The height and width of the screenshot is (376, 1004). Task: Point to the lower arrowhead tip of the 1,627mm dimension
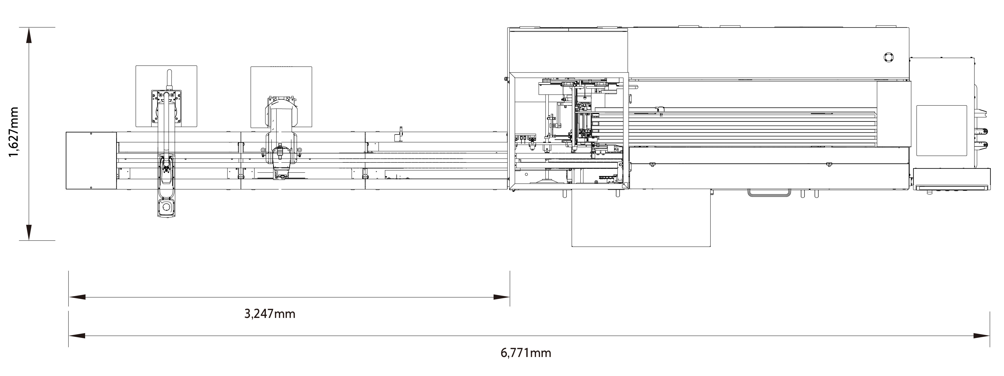[x=28, y=240]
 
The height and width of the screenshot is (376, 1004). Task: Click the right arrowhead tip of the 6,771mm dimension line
[x=989, y=336]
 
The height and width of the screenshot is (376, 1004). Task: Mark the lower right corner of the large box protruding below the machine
[x=710, y=246]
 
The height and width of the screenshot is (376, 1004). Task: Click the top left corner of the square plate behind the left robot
[x=136, y=66]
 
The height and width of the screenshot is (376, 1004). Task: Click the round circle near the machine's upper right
[x=889, y=57]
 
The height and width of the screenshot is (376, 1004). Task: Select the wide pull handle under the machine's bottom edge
[x=769, y=192]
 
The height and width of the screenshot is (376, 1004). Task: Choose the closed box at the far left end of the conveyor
[x=91, y=161]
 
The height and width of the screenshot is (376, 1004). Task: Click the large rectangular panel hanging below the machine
[x=641, y=218]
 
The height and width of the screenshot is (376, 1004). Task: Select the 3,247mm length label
[x=270, y=314]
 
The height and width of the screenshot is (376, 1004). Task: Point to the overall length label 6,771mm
[x=526, y=353]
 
